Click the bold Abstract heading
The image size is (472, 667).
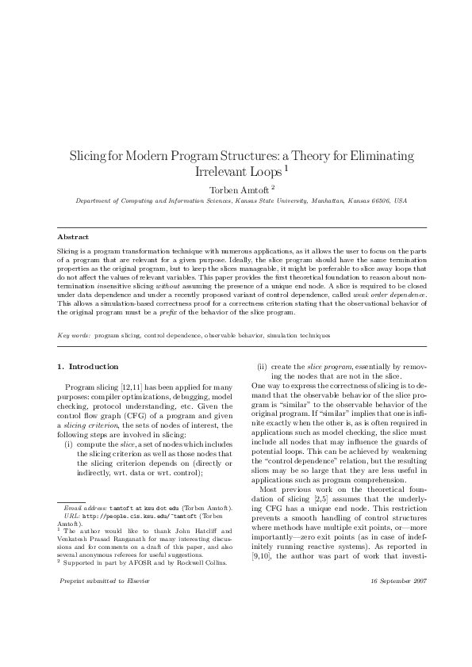click(73, 237)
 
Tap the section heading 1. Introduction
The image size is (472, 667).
click(89, 367)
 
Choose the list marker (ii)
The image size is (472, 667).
click(261, 367)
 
